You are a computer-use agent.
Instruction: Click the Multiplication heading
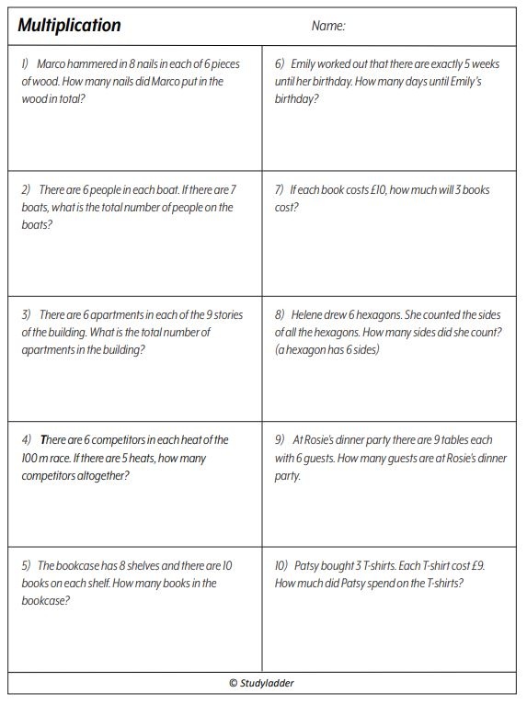click(69, 26)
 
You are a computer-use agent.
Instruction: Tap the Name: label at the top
click(328, 26)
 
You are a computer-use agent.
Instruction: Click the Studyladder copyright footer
click(262, 683)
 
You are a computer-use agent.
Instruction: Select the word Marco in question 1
click(54, 64)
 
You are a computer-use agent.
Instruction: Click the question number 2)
click(28, 189)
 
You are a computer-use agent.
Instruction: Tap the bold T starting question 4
click(43, 440)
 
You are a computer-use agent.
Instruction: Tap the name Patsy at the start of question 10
click(310, 565)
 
